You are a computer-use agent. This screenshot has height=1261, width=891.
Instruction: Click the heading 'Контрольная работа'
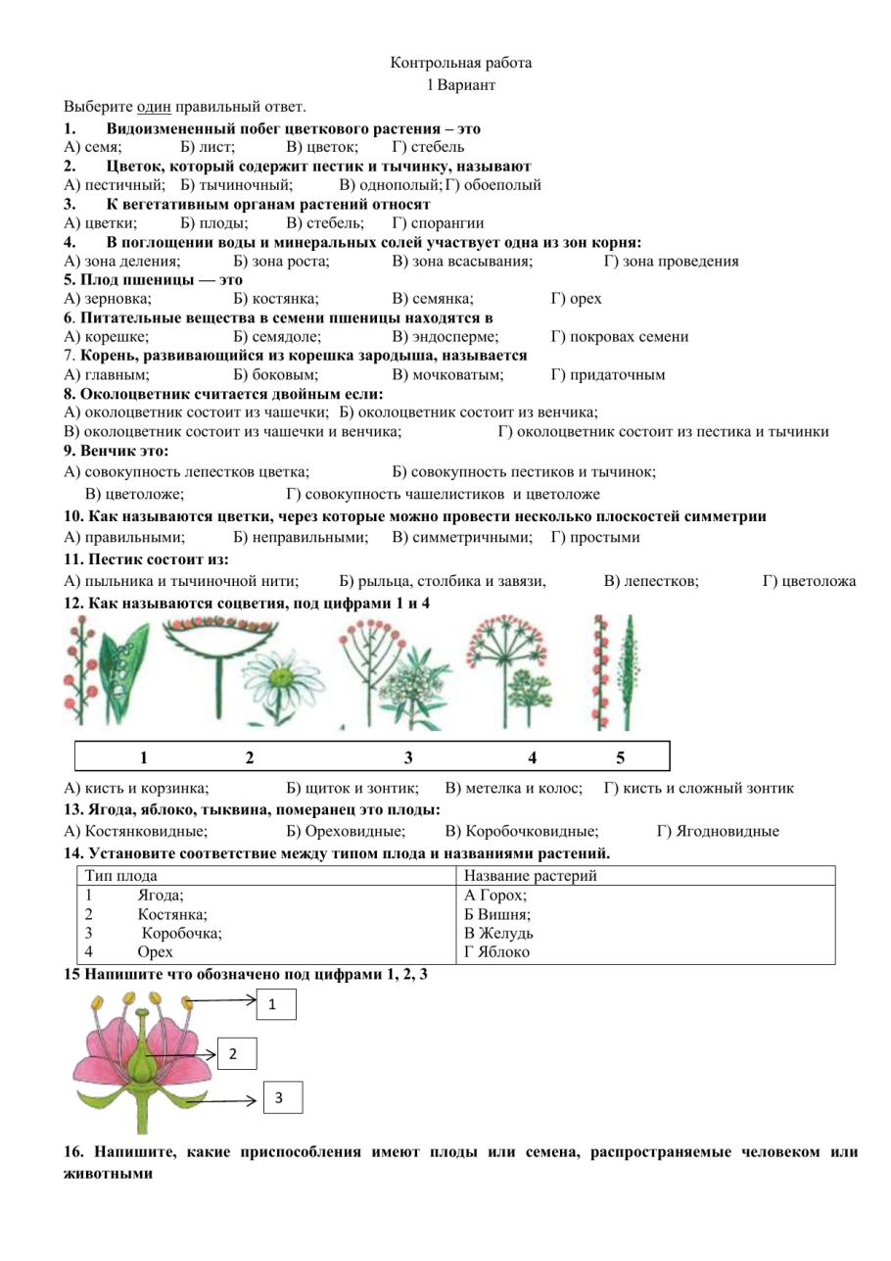click(461, 63)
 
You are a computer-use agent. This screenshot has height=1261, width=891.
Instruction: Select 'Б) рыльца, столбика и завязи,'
click(442, 582)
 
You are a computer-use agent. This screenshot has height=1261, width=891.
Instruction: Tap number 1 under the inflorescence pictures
click(143, 756)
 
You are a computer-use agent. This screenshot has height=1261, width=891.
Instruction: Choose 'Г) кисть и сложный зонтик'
click(698, 788)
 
